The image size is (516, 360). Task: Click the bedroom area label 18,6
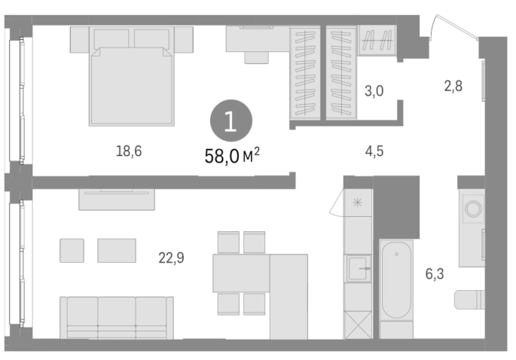click(129, 151)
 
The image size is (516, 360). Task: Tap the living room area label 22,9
click(171, 258)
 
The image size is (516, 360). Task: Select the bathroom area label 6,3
click(435, 274)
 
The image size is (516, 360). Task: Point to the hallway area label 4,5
click(374, 151)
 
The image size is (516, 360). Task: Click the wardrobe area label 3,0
click(374, 90)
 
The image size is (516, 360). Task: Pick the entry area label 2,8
click(453, 86)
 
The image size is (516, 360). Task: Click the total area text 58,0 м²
click(232, 156)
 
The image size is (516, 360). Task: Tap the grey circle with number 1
click(231, 121)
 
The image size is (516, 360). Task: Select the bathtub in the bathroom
click(396, 280)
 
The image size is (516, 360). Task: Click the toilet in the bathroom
click(469, 300)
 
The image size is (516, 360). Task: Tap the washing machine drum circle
click(473, 209)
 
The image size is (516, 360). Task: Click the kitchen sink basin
click(358, 269)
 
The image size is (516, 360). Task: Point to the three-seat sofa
click(117, 318)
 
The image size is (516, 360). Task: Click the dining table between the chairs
click(241, 273)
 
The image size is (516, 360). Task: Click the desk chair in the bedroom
click(256, 57)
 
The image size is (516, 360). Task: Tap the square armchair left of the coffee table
click(72, 251)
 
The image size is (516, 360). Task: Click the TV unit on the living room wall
click(117, 200)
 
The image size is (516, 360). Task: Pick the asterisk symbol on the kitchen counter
click(357, 203)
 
